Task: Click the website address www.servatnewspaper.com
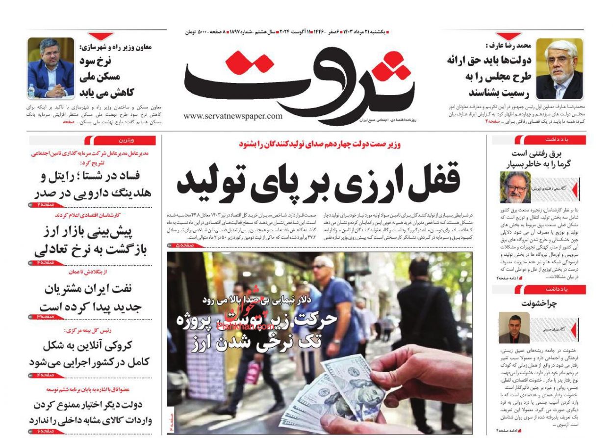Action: pos(233,116)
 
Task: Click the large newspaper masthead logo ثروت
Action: pos(299,81)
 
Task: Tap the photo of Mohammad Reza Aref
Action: pos(559,69)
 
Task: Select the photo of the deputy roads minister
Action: pos(51,68)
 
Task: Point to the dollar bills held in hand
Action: pos(338,393)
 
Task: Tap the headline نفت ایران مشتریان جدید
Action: pos(91,297)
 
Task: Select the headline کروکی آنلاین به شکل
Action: pos(91,354)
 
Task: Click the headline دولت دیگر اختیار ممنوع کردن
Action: pos(91,412)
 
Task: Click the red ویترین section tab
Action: pos(120,140)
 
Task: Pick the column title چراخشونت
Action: pos(539,303)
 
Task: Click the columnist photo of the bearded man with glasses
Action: pos(515,187)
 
